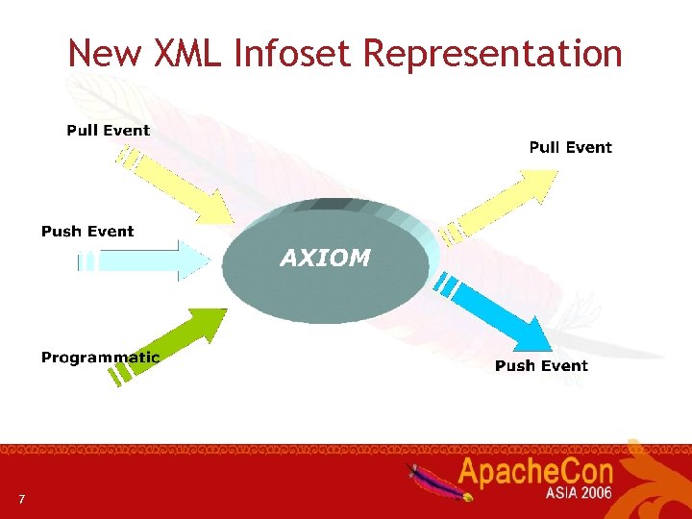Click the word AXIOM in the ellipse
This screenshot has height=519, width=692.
[325, 258]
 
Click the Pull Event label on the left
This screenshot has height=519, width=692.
[108, 130]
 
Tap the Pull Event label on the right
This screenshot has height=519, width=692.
[570, 147]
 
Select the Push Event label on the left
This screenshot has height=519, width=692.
[87, 231]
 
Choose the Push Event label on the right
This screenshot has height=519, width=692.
[541, 365]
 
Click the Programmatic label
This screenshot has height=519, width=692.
[100, 358]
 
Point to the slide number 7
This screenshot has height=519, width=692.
[21, 499]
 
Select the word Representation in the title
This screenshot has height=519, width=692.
[492, 53]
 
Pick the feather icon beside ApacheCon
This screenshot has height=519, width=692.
[437, 480]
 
